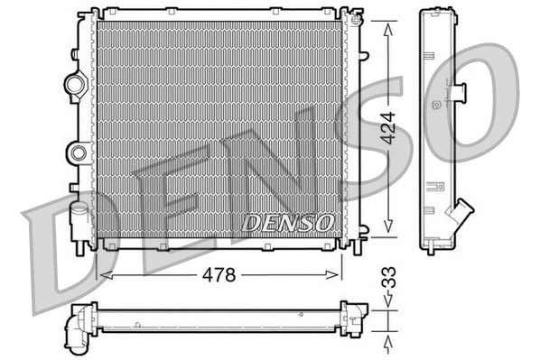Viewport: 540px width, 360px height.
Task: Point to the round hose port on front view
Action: click(75, 85)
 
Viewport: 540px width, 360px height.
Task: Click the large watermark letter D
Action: click(68, 257)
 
